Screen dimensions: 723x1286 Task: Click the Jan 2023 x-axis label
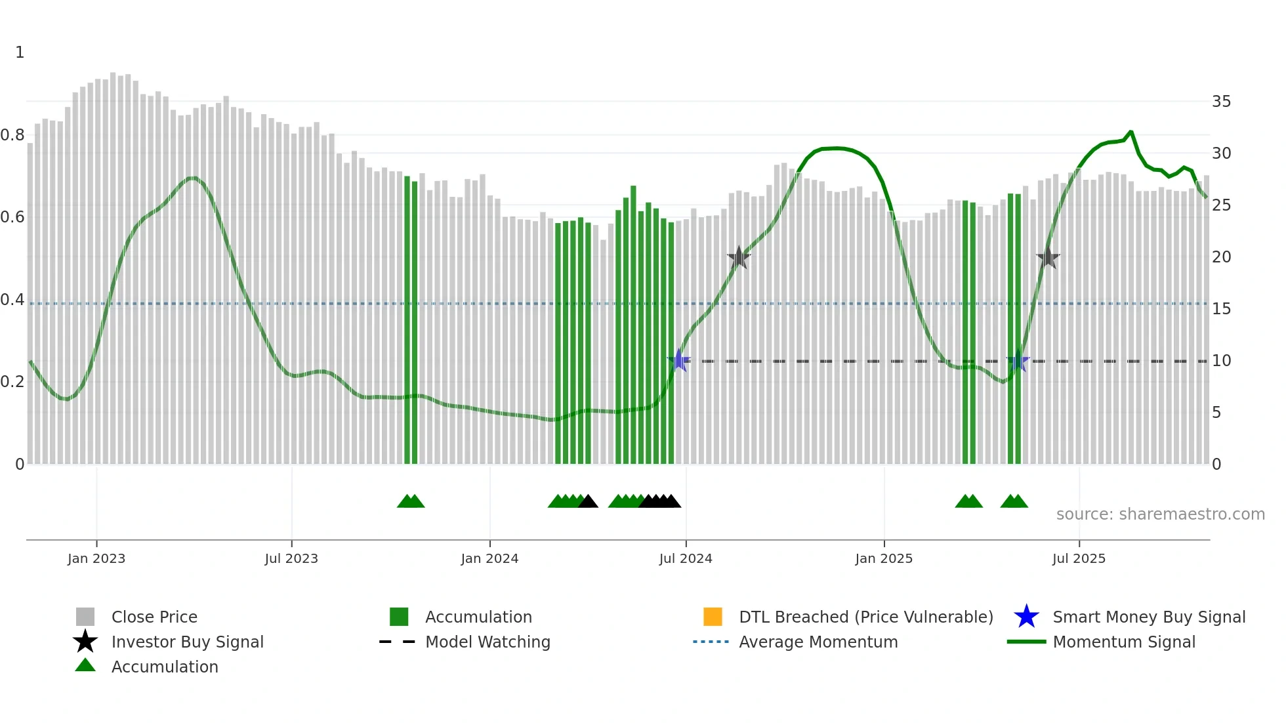click(x=96, y=558)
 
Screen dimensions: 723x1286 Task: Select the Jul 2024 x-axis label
click(x=686, y=558)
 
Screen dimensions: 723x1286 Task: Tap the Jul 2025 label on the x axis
click(x=1079, y=558)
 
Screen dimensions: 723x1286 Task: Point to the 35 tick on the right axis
click(x=1221, y=102)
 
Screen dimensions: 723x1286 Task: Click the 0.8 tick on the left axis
click(x=13, y=135)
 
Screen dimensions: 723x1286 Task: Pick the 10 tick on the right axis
click(x=1221, y=361)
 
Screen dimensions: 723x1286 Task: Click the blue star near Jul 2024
click(x=679, y=361)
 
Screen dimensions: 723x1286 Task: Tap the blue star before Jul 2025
click(x=1018, y=361)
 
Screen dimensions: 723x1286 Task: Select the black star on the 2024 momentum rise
click(x=739, y=258)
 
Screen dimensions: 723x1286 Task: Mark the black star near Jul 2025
click(x=1048, y=258)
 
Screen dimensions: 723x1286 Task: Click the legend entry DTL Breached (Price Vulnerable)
click(x=865, y=617)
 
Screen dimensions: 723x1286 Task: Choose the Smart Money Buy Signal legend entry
click(x=1148, y=617)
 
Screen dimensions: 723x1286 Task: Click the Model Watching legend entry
click(x=487, y=642)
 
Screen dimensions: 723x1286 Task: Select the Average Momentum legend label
click(x=818, y=642)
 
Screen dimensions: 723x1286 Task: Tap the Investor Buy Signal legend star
click(x=85, y=642)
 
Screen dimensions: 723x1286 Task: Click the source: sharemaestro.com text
click(x=1160, y=514)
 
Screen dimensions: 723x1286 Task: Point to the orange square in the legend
click(x=713, y=617)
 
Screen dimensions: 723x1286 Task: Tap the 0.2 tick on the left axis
click(x=13, y=382)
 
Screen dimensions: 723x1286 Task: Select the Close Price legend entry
click(x=154, y=617)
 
